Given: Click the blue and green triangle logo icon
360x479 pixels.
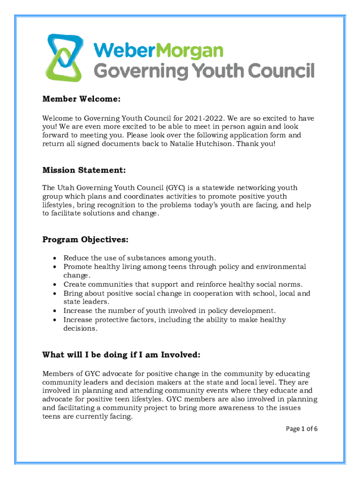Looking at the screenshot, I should click(x=65, y=58).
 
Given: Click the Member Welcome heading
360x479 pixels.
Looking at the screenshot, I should click(x=82, y=99).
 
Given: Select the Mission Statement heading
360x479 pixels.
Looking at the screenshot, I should click(x=84, y=169).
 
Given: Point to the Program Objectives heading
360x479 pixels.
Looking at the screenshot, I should click(x=86, y=239).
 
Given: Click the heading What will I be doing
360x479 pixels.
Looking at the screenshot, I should click(x=122, y=355).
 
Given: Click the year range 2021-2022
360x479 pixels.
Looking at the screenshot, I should click(x=204, y=117).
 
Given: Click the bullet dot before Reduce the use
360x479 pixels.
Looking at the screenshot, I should click(x=56, y=258).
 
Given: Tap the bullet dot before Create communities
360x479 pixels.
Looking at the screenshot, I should click(x=56, y=285).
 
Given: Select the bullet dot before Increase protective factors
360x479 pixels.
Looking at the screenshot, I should click(x=56, y=320).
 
